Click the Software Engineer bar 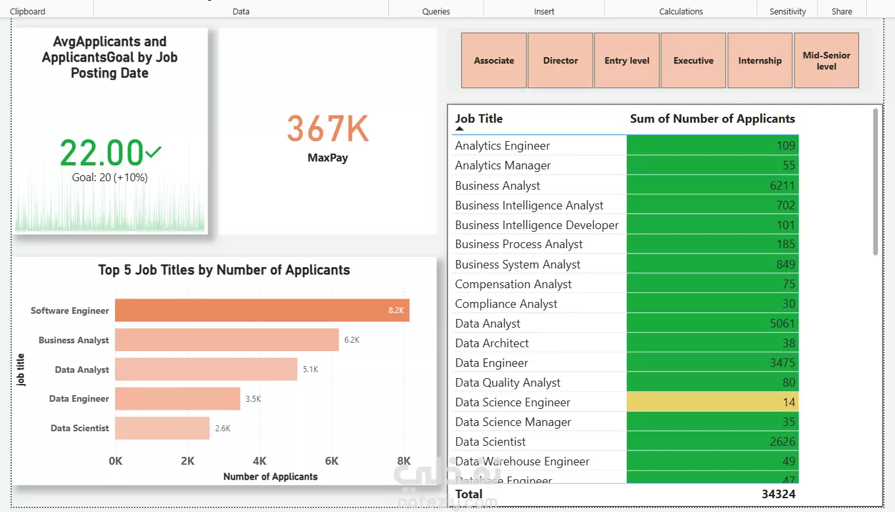click(262, 310)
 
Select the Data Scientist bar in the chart click(162, 428)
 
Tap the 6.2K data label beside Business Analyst click(352, 340)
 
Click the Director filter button click(561, 60)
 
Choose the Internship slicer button click(760, 60)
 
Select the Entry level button click(627, 60)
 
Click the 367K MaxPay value click(327, 129)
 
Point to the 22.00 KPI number click(102, 153)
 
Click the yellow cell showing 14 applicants click(712, 402)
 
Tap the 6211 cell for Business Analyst click(712, 186)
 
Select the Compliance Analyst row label click(506, 304)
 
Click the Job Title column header click(478, 119)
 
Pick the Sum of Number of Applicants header click(712, 119)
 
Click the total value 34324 click(778, 494)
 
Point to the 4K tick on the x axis click(260, 461)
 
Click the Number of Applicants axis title click(270, 477)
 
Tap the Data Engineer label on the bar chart click(79, 398)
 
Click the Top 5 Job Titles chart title click(224, 270)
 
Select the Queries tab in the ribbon click(436, 11)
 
